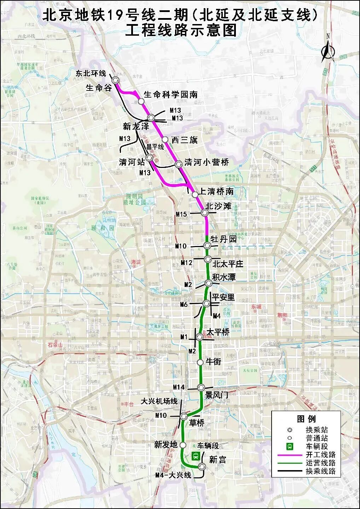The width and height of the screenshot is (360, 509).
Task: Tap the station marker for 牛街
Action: point(200,362)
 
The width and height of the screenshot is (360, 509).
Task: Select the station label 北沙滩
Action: point(218,206)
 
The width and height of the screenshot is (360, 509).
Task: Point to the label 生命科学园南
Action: point(170,94)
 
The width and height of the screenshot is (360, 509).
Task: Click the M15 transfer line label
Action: point(181,214)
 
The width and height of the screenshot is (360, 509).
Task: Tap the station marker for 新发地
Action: point(183,445)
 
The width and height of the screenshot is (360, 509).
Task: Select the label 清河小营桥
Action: point(207,162)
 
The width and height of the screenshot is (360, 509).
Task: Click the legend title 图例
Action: point(306,419)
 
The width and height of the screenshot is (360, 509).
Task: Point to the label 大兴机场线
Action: point(159,401)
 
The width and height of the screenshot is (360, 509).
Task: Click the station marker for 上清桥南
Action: point(195,194)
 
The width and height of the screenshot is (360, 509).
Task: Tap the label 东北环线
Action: point(91,73)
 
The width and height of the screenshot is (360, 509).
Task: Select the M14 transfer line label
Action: point(179,387)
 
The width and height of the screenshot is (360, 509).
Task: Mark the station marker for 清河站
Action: point(150,158)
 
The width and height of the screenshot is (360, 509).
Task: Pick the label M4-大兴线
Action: point(173,475)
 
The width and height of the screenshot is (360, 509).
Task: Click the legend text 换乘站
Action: point(317,430)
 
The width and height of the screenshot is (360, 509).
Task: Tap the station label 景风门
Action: point(217,395)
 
